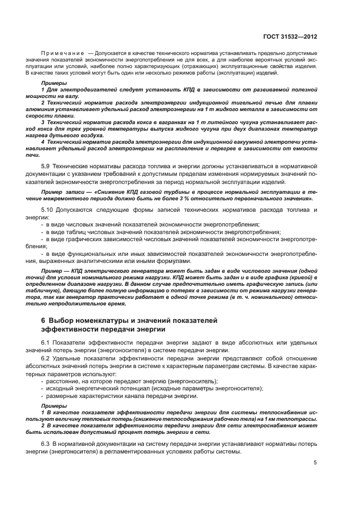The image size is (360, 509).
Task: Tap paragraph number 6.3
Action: [47, 445]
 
